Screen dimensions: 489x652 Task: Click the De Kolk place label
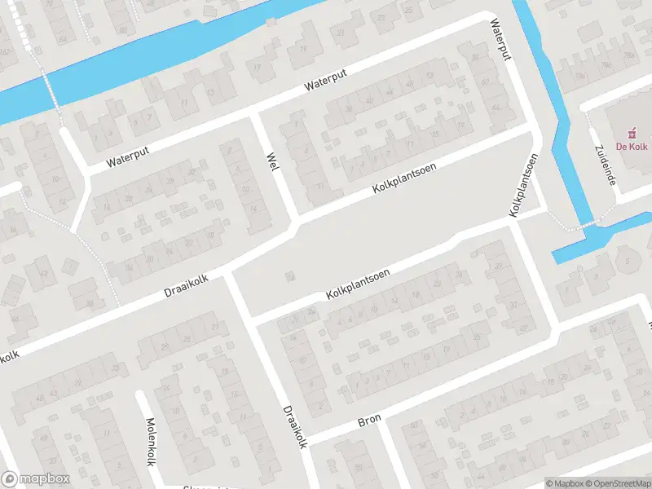click(631, 148)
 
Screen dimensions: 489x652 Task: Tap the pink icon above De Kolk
click(631, 132)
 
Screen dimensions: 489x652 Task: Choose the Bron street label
click(369, 421)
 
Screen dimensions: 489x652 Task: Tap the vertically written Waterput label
click(500, 39)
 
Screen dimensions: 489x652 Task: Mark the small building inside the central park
click(288, 277)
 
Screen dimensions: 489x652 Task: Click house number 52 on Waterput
click(430, 76)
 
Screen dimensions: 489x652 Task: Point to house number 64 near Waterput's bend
click(497, 107)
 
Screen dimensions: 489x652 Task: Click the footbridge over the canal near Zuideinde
click(588, 225)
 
